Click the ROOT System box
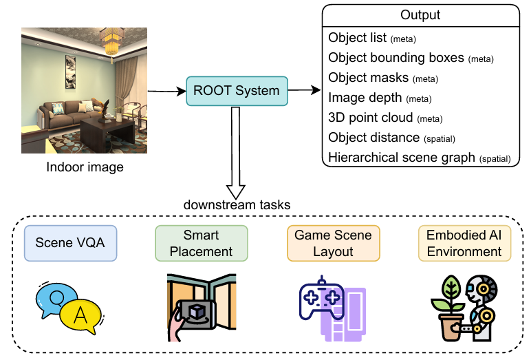click(237, 91)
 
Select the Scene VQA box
click(70, 243)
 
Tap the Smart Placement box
click(202, 243)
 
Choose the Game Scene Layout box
click(334, 243)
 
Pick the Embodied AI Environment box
click(465, 243)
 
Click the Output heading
click(420, 15)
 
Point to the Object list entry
click(372, 38)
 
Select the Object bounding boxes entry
click(411, 58)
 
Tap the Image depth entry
click(380, 98)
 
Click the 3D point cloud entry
click(385, 118)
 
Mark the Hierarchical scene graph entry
click(420, 158)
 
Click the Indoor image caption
click(85, 167)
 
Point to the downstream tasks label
click(237, 204)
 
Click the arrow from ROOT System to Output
click(304, 90)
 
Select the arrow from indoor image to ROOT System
click(166, 91)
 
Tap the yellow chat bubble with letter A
click(80, 315)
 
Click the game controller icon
click(322, 299)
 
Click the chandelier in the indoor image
click(111, 43)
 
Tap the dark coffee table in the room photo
click(108, 131)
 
